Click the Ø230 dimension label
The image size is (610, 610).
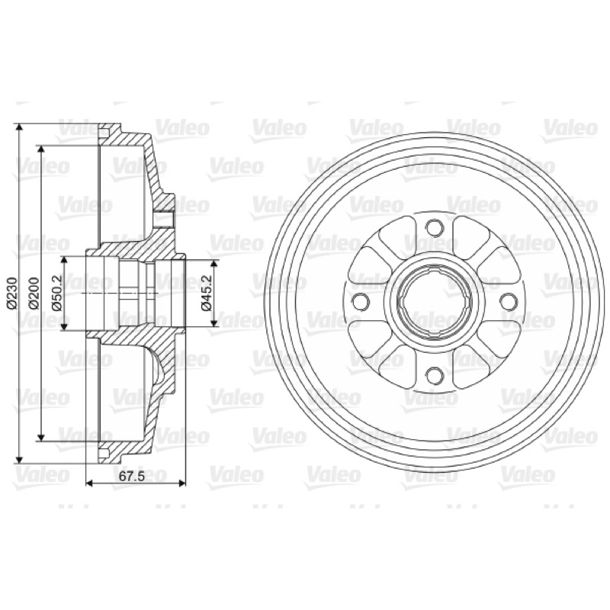tap(11, 294)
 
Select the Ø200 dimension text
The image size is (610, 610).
tap(34, 294)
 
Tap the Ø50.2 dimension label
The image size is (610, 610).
tap(57, 294)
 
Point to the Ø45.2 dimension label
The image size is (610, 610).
tap(206, 294)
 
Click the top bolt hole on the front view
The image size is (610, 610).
tap(434, 226)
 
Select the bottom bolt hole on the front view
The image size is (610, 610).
tap(434, 375)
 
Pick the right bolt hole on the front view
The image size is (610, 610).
tap(508, 300)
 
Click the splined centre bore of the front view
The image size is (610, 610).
tap(434, 300)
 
